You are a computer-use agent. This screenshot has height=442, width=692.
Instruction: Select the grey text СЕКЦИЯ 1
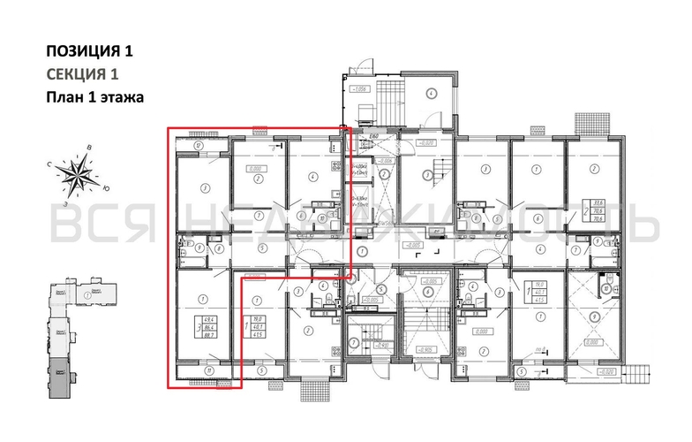[x=81, y=74]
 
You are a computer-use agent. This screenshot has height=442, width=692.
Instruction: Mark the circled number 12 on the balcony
[x=199, y=145]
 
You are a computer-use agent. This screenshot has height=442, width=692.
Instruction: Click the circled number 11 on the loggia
[x=207, y=371]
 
